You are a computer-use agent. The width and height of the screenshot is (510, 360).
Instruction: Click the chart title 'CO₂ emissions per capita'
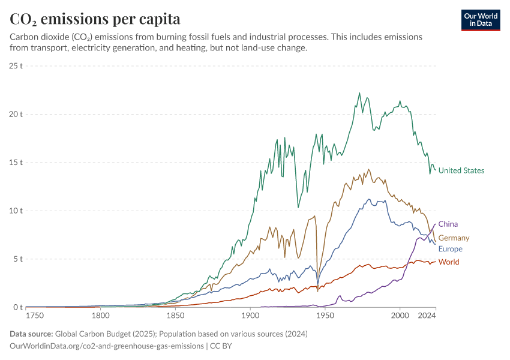click(95, 19)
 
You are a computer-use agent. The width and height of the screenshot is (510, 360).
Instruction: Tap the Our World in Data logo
click(480, 20)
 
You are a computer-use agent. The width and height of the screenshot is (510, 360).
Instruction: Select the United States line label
click(461, 170)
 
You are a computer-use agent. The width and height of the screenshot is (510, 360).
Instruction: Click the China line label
click(448, 224)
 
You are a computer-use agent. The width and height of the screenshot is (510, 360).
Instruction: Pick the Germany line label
click(454, 238)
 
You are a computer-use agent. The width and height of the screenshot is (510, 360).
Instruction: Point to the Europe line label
click(450, 249)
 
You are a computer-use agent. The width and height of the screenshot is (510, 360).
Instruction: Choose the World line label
click(449, 262)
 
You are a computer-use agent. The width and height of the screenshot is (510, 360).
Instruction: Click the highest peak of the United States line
click(359, 93)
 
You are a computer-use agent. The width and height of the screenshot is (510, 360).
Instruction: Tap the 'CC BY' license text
click(221, 346)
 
